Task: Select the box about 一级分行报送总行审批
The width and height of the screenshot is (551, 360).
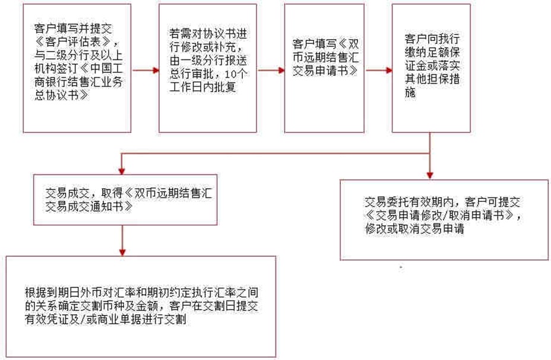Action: pyautogui.click(x=207, y=68)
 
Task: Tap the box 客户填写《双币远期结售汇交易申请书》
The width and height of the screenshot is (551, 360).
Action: pyautogui.click(x=324, y=68)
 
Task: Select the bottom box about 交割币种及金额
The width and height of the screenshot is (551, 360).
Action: pyautogui.click(x=141, y=306)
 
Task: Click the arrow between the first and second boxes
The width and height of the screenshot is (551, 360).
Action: pyautogui.click(x=145, y=70)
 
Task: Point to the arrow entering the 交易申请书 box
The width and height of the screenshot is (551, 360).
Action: pyautogui.click(x=271, y=70)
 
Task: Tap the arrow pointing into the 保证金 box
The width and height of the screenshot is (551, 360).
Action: pyautogui.click(x=378, y=70)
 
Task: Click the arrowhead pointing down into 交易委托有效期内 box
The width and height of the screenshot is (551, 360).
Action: pyautogui.click(x=430, y=173)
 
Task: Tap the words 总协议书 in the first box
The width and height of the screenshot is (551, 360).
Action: pyautogui.click(x=58, y=96)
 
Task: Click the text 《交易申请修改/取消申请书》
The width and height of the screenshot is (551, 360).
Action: pyautogui.click(x=443, y=215)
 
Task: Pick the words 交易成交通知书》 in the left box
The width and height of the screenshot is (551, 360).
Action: pyautogui.click(x=88, y=209)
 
